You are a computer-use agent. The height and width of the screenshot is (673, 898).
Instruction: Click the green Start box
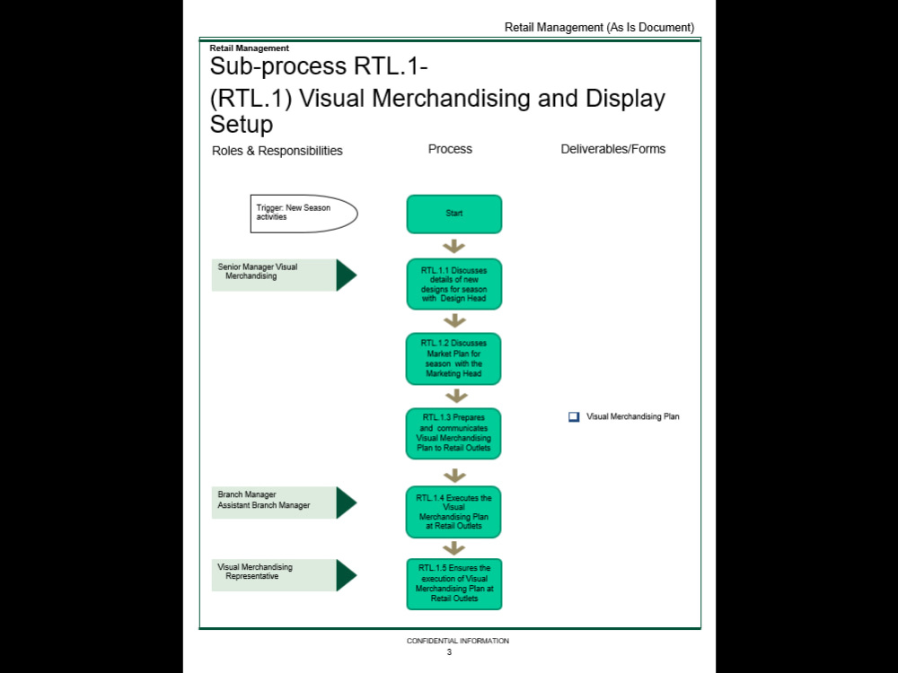point(454,214)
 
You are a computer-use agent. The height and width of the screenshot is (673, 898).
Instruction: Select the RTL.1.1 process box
point(454,284)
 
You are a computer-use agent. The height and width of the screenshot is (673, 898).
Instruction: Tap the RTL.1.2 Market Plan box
point(453,359)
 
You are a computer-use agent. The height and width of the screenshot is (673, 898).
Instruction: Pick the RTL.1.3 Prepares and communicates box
point(453,433)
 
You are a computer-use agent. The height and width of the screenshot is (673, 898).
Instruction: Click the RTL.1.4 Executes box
point(453,512)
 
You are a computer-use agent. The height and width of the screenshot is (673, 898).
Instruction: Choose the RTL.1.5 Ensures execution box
point(454,584)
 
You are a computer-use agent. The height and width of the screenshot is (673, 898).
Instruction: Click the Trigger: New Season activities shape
point(304,214)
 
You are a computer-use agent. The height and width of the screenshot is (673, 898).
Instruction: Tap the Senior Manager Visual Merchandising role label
point(274,275)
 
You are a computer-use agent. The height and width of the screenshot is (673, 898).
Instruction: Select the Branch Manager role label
point(274,503)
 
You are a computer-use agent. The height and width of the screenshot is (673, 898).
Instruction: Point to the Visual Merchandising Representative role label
point(274,575)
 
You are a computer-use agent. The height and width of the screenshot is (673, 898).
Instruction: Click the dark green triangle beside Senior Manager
point(346,275)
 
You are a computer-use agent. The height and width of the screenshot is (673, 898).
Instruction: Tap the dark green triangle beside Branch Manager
point(346,503)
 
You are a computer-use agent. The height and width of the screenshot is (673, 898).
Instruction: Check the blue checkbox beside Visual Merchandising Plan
point(574,416)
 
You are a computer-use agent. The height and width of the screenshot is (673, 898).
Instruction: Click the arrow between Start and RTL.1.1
point(454,246)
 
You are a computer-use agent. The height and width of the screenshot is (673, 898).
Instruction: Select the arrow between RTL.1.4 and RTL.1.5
point(454,548)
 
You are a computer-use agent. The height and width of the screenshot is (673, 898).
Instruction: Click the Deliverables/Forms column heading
point(612,149)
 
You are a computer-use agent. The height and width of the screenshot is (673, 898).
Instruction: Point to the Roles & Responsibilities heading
point(277,151)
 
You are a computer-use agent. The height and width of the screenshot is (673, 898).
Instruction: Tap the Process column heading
point(450,149)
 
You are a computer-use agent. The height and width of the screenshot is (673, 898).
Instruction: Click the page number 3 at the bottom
point(449,652)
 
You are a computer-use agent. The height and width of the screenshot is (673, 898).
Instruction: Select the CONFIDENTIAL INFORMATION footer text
point(458,641)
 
